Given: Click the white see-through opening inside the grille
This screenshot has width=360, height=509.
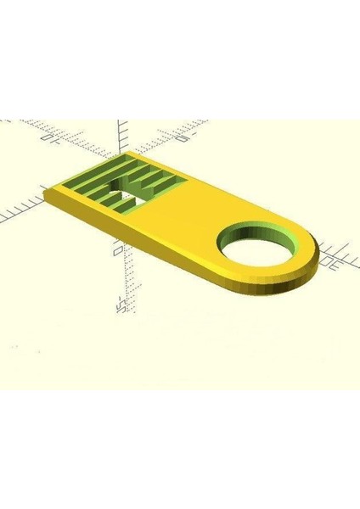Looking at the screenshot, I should pos(129,204).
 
